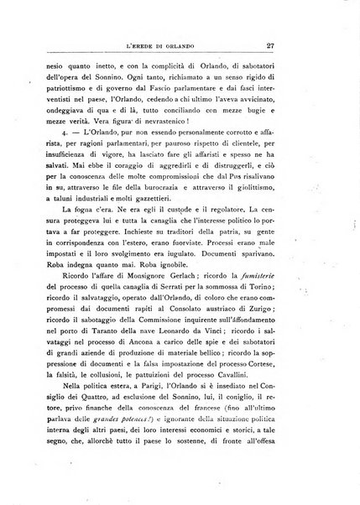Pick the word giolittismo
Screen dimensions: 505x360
[262, 179]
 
